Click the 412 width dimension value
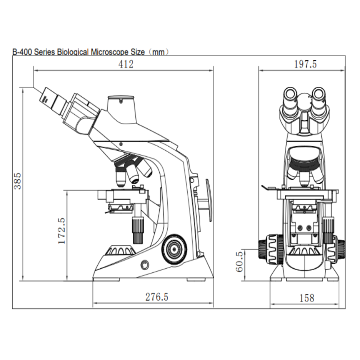tap(126, 64)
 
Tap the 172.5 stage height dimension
tap(62, 231)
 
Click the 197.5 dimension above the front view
tap(306, 64)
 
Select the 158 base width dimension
tap(306, 297)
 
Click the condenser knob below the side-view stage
tap(137, 229)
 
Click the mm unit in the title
tap(159, 52)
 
